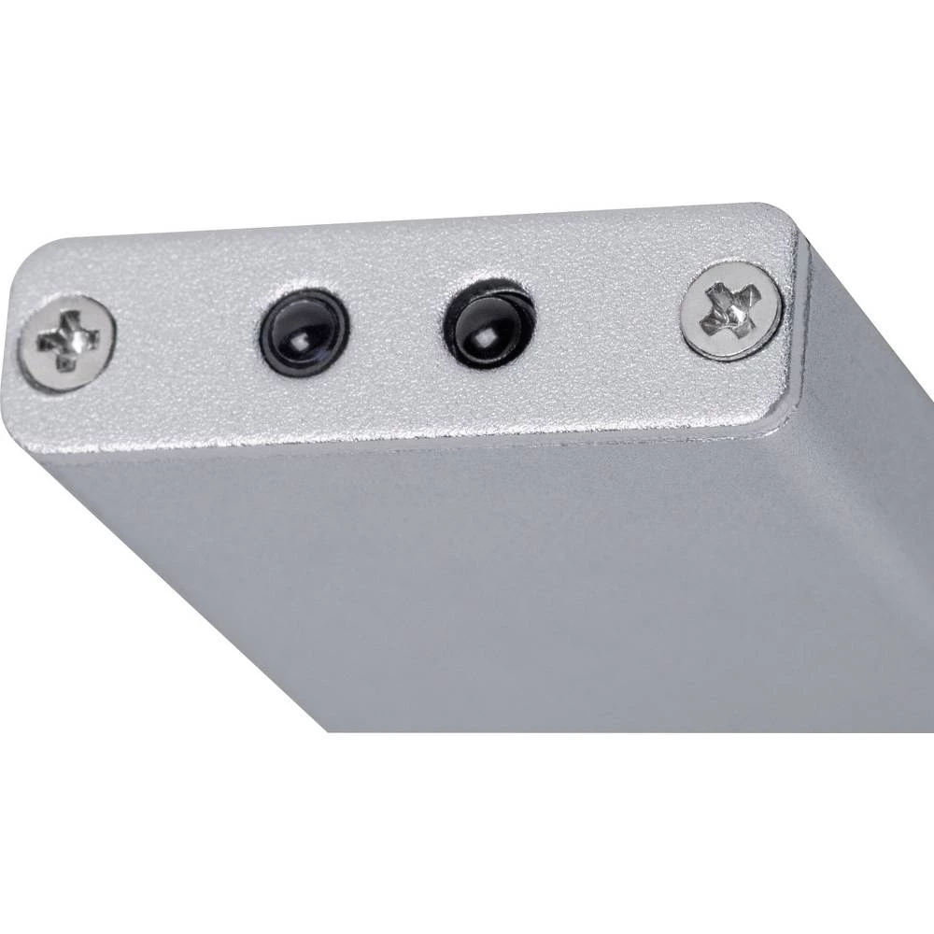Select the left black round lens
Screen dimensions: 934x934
click(303, 332)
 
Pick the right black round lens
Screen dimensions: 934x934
click(489, 322)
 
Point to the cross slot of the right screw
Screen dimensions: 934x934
click(730, 309)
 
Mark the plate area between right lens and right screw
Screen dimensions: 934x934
click(607, 318)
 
